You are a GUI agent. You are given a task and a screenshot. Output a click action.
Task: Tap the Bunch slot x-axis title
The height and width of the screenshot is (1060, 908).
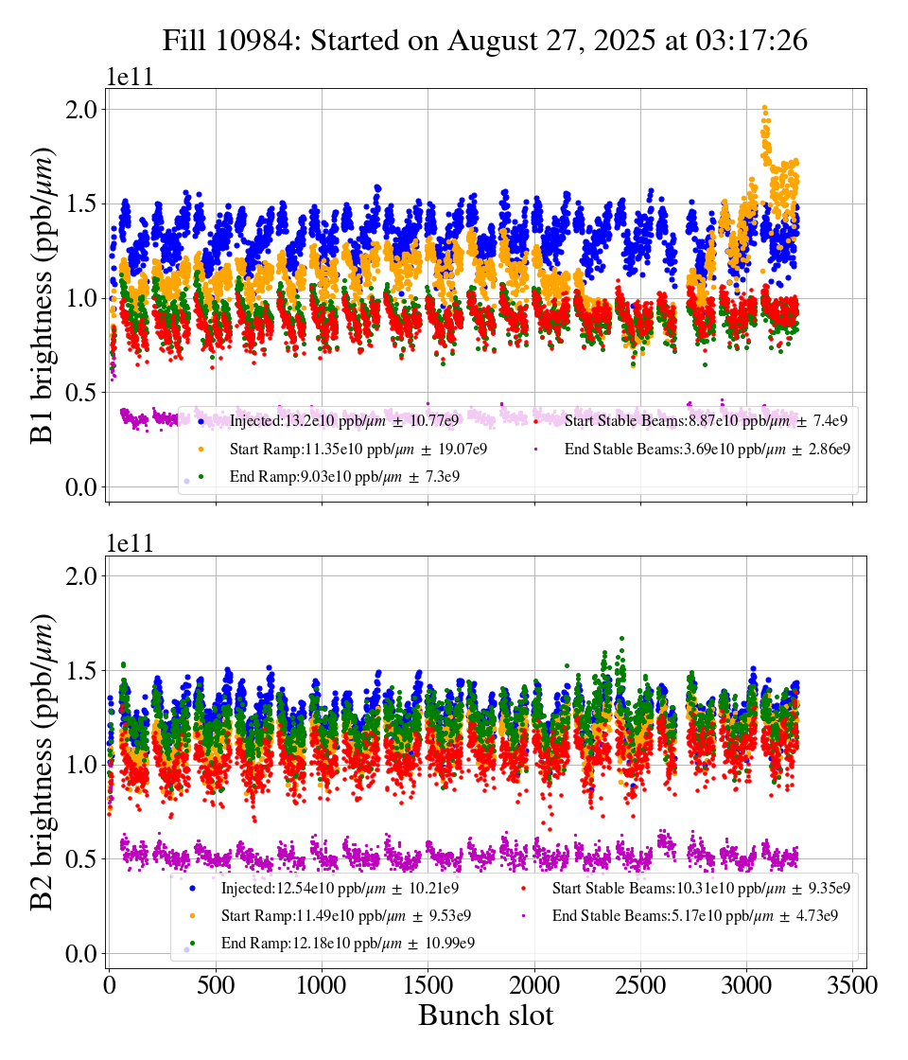[x=485, y=1016]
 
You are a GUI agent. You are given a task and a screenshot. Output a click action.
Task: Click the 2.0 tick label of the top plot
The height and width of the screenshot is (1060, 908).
[x=80, y=110]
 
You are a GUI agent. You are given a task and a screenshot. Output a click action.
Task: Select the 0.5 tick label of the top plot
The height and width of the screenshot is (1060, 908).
[x=80, y=393]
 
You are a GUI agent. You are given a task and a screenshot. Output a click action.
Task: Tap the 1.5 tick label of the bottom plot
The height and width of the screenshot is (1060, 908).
[x=80, y=671]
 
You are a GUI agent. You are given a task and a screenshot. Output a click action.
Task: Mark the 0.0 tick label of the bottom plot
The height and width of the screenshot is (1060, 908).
[x=80, y=954]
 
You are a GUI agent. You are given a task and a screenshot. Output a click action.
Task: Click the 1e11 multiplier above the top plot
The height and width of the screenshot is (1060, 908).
[x=130, y=77]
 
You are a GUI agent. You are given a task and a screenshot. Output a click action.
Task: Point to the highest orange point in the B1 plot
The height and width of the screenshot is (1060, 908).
[x=764, y=109]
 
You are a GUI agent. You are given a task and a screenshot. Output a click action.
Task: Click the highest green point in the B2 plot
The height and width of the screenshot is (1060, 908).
[x=621, y=639]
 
